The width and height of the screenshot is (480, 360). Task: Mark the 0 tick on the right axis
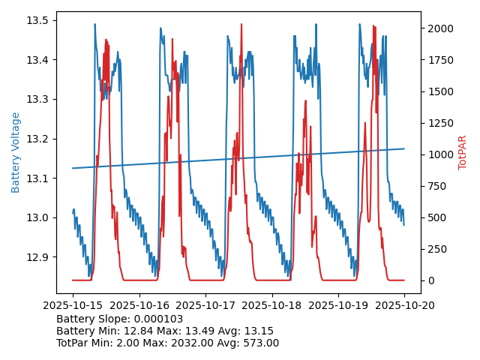428,280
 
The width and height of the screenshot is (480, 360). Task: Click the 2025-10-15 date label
73,305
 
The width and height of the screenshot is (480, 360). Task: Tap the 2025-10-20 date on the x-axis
404,305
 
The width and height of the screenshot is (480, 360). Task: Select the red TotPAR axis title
463,152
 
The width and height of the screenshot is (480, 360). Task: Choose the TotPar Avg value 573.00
259,343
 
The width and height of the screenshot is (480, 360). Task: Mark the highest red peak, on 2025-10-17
241,25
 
